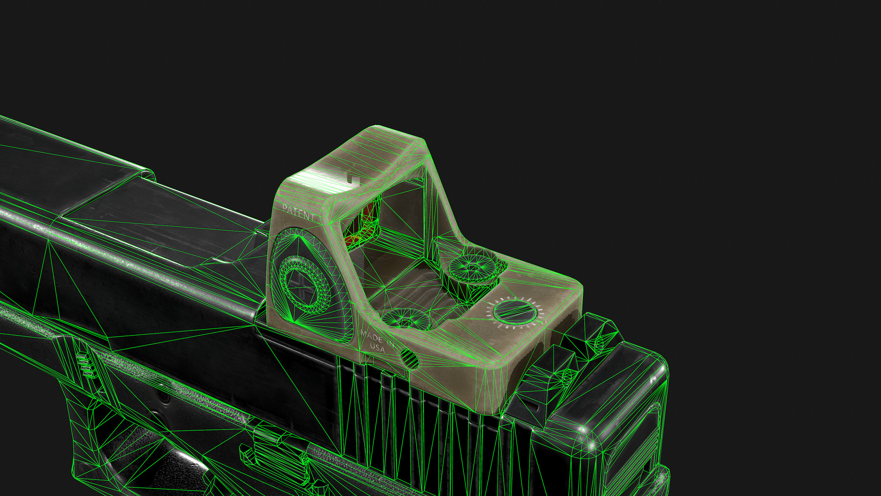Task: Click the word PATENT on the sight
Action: [x=298, y=213]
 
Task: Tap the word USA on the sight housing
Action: [x=377, y=347]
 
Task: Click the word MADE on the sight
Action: [x=371, y=335]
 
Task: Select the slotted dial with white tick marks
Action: [x=518, y=312]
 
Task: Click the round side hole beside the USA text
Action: [x=410, y=359]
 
